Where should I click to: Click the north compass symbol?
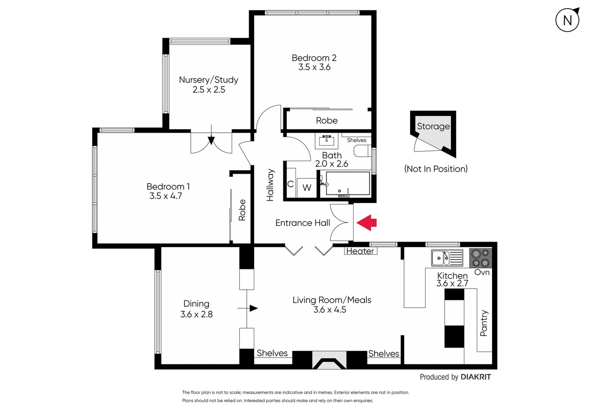(x=567, y=20)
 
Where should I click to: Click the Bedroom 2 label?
(x=314, y=58)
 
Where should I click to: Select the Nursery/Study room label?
(x=208, y=80)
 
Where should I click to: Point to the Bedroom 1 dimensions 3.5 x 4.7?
(x=166, y=196)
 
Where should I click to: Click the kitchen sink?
(x=447, y=258)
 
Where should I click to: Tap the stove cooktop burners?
(x=480, y=258)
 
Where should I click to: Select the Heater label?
(x=360, y=251)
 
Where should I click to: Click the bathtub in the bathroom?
(x=347, y=184)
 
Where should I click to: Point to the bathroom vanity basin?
(x=327, y=140)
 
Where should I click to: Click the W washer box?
(x=307, y=188)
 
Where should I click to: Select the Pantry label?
(x=483, y=323)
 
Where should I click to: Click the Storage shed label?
(x=433, y=127)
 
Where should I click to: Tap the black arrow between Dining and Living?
(x=253, y=308)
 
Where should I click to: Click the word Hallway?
(x=270, y=185)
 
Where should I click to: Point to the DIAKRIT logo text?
(x=475, y=377)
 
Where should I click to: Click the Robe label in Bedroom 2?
(x=327, y=121)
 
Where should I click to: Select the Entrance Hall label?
(x=302, y=223)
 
